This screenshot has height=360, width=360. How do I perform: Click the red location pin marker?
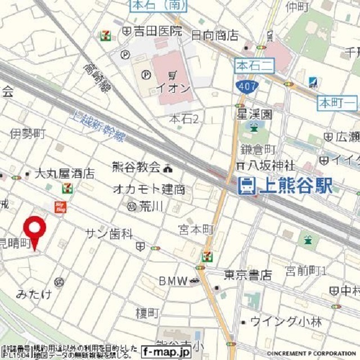[34, 229]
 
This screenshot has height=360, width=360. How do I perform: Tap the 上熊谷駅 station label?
[294, 186]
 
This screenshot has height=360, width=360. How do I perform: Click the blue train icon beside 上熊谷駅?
[245, 186]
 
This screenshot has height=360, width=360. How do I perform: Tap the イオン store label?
[173, 88]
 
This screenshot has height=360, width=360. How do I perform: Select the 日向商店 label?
[214, 35]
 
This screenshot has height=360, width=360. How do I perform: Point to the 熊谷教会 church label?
[136, 166]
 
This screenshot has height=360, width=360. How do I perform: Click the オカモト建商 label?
[148, 189]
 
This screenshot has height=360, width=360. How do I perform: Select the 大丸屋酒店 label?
[64, 174]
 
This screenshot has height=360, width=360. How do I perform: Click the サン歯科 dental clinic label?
[109, 233]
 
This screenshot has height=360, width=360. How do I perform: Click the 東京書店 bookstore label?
[247, 275]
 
